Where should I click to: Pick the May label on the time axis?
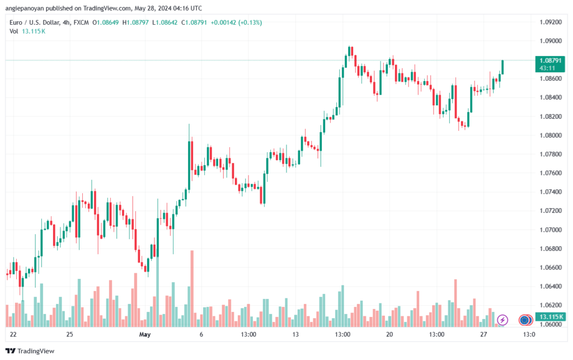[x=145, y=335]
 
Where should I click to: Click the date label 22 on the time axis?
[x=13, y=335]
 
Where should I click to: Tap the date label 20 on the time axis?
[x=389, y=335]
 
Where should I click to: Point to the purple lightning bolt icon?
[x=502, y=320]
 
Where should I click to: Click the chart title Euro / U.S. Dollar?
[x=36, y=22]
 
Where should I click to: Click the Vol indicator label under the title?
[x=14, y=31]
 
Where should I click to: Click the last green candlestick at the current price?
[x=502, y=67]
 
